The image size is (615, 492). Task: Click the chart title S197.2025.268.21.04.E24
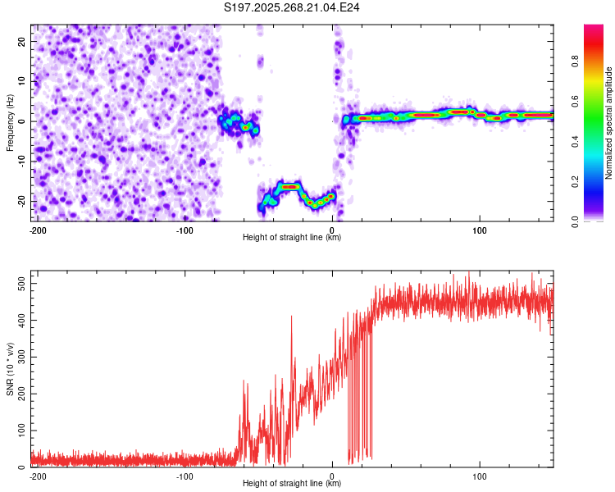(x=292, y=7)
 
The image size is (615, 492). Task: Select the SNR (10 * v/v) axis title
(x=11, y=368)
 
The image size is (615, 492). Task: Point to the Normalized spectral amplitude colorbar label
(x=609, y=123)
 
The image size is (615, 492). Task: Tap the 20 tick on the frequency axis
(x=22, y=41)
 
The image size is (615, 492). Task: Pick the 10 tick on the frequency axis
(x=22, y=81)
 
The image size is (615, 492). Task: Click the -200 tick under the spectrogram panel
(x=37, y=230)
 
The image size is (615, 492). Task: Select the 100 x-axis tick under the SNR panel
(x=480, y=476)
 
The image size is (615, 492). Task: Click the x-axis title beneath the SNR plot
(x=292, y=484)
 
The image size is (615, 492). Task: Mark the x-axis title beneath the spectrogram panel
(x=292, y=238)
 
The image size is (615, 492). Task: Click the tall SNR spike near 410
(x=291, y=317)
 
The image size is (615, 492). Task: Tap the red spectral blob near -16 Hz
(x=289, y=187)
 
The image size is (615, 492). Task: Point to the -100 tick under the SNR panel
(x=184, y=476)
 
